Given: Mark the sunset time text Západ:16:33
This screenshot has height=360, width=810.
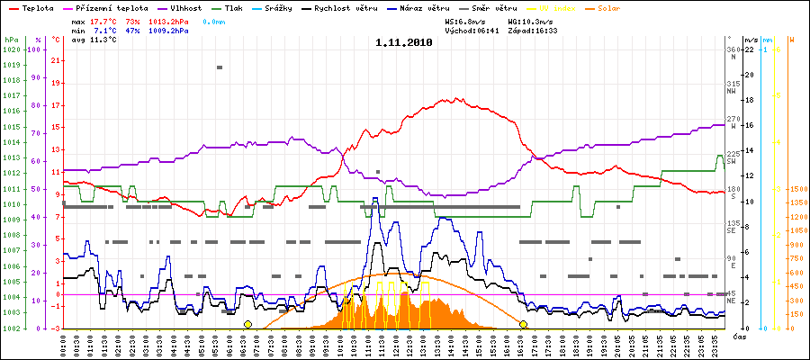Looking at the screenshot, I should click(x=533, y=30).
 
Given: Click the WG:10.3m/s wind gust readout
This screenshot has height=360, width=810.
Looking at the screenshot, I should click(x=535, y=20).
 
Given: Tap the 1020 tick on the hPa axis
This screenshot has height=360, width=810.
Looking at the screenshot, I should click(x=11, y=49).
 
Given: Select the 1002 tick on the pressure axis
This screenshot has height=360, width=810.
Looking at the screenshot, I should click(x=11, y=328).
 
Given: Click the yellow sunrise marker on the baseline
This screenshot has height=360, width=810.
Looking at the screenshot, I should click(x=247, y=324).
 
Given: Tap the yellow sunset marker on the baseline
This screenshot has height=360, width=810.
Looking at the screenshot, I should click(x=523, y=324).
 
